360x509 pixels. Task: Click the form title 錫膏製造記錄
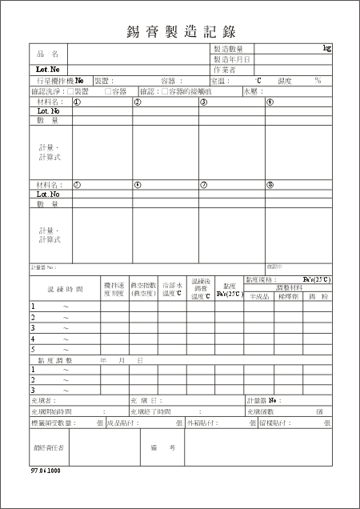tap(180, 32)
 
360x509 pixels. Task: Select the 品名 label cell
tap(48, 54)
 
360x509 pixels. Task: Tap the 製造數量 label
tap(232, 50)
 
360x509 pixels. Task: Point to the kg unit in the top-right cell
tap(326, 49)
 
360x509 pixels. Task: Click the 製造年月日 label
tap(232, 60)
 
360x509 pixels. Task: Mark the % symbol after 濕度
tap(318, 81)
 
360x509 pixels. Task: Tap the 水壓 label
tap(250, 91)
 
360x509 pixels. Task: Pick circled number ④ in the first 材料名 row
tap(270, 102)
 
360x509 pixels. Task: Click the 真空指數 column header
tap(143, 288)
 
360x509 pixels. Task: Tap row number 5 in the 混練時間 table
tap(33, 349)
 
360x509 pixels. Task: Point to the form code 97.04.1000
tap(45, 471)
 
